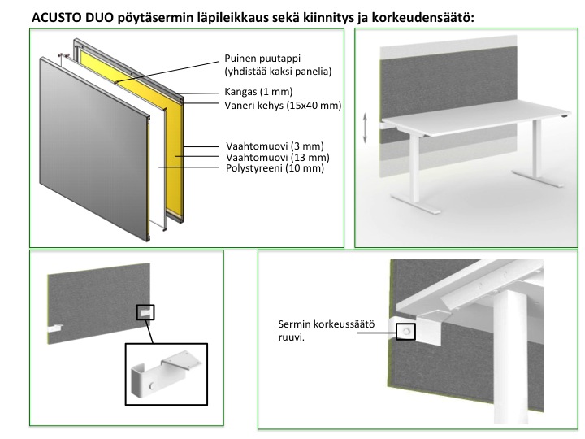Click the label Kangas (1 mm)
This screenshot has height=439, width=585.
258,91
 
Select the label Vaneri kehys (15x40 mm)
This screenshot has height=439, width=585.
283,105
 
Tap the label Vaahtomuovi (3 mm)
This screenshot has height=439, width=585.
275,146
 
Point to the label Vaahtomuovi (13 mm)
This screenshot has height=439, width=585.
278,157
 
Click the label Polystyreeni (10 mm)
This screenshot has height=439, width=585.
275,168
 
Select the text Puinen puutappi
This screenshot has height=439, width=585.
262,59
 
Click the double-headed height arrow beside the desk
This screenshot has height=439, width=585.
366,128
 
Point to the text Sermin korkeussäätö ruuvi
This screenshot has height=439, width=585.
326,330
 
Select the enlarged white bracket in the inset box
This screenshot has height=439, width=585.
164,375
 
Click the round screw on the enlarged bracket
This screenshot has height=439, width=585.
152,386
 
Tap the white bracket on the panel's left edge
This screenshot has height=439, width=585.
54,328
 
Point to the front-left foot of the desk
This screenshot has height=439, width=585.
415,205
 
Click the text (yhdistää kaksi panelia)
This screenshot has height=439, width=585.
278,71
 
